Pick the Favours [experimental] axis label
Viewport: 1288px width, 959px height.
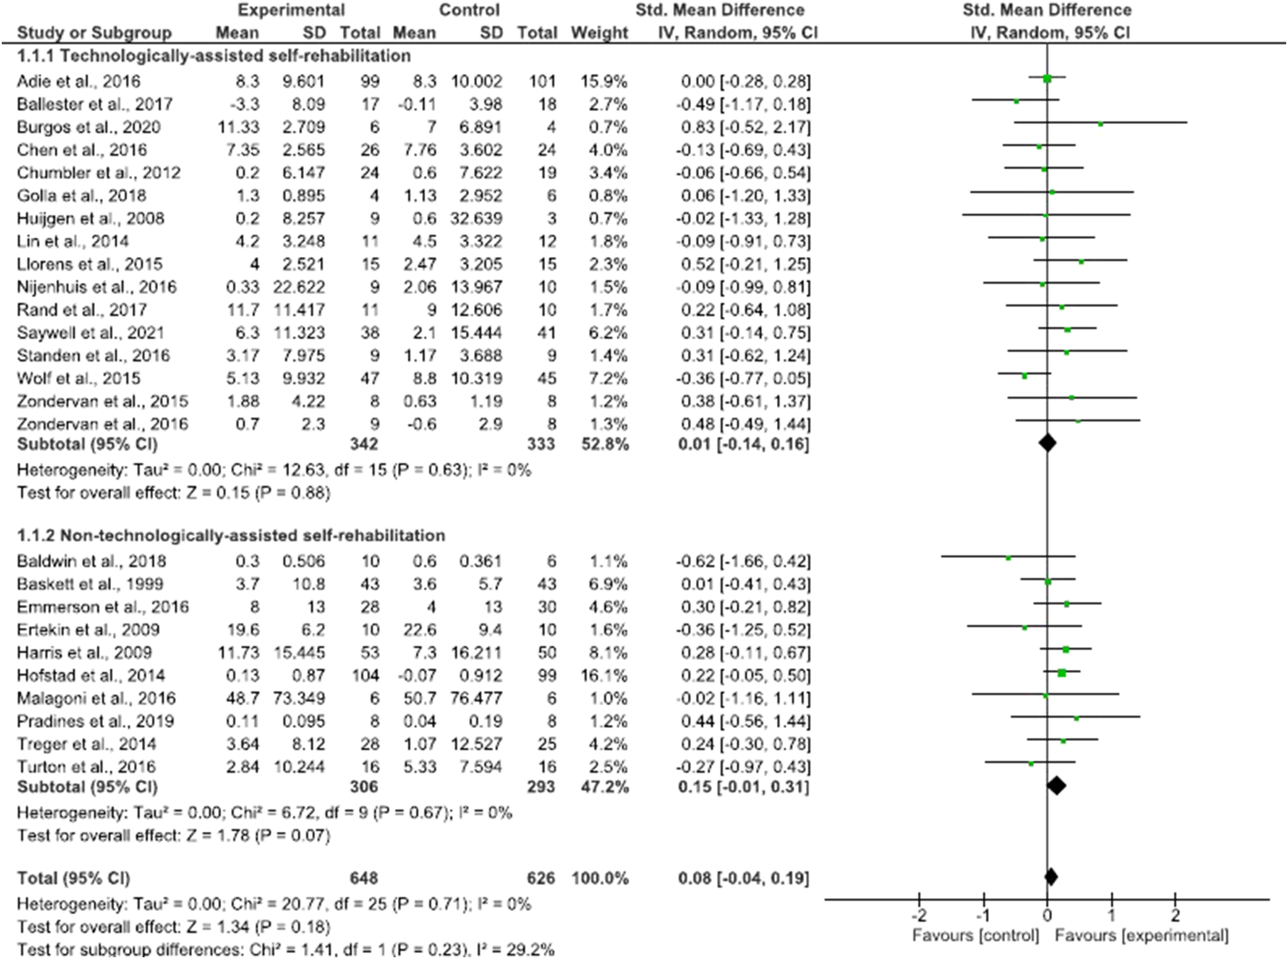1142,936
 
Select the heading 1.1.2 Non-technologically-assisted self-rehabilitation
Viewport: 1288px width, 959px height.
231,535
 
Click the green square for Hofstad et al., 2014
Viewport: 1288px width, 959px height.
1062,673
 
